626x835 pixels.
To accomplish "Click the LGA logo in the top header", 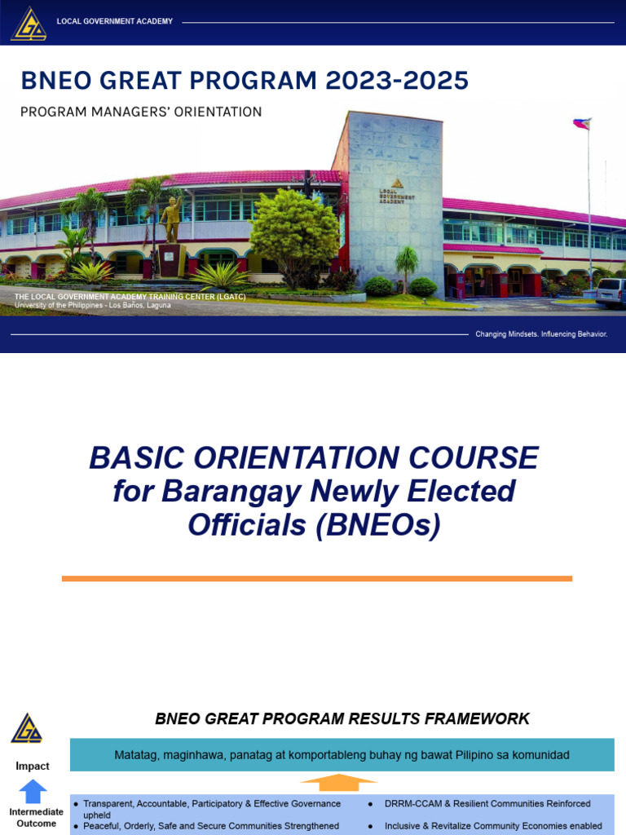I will [29, 23].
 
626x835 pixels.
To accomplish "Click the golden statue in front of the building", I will [171, 219].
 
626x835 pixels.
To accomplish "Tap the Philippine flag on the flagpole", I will [582, 124].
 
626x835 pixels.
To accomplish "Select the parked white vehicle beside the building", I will [611, 292].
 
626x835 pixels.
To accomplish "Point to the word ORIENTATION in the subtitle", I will [216, 112].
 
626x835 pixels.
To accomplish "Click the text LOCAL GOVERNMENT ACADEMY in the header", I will [115, 21].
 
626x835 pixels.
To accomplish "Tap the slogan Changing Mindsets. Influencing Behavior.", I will [541, 334].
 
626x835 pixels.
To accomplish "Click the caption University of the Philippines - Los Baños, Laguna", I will [93, 305].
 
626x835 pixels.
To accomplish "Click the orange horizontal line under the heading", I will [317, 578].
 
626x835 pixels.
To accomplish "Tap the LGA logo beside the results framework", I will [27, 727].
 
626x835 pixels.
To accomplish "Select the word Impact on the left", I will [33, 766].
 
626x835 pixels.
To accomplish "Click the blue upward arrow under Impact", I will [33, 791].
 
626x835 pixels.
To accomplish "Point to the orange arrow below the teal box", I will [338, 784].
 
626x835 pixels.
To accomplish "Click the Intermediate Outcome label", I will [36, 818].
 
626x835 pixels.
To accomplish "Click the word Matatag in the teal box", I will [137, 755].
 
